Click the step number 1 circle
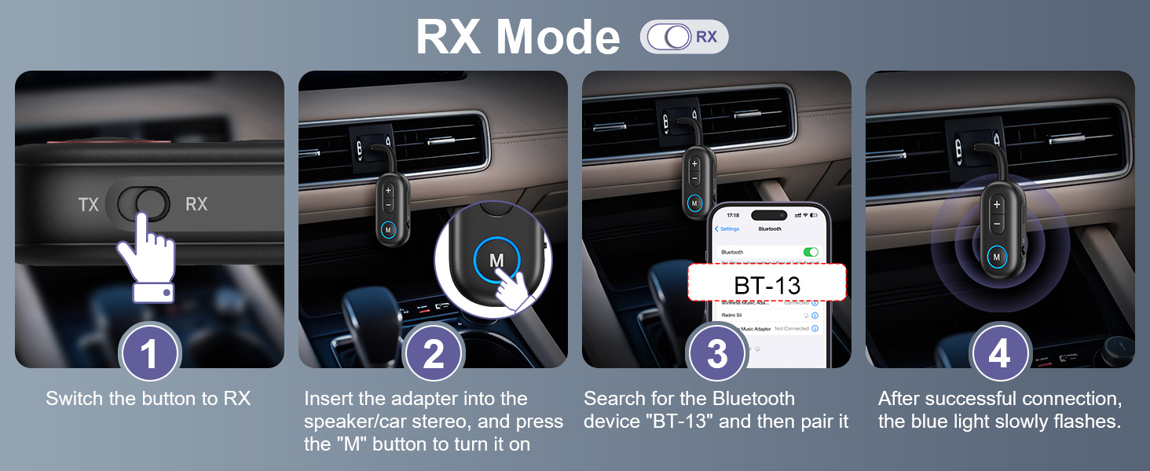(x=149, y=354)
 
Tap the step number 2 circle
(x=434, y=354)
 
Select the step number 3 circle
(x=717, y=354)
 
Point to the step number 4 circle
(x=1000, y=354)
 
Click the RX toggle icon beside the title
(x=684, y=37)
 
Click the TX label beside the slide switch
(x=89, y=205)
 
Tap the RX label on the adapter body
(x=196, y=204)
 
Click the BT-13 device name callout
(x=767, y=283)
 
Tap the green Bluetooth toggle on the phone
(x=810, y=252)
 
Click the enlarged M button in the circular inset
(x=496, y=260)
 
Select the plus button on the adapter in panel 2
(x=389, y=190)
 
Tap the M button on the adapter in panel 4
(x=996, y=256)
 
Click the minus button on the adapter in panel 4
(x=997, y=224)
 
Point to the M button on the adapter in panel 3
(x=694, y=203)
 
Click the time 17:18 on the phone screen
(x=732, y=214)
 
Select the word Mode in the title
(x=558, y=37)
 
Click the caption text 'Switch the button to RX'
(x=148, y=399)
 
